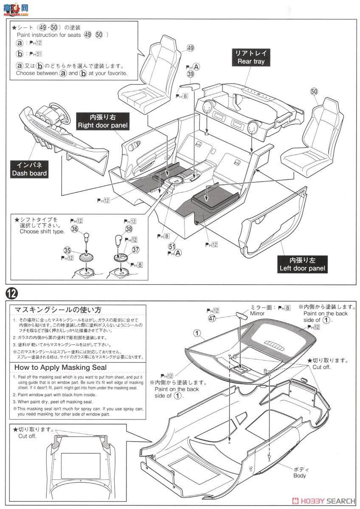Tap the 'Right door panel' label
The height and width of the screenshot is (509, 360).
tap(103, 121)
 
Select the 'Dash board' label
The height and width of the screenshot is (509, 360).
tap(30, 169)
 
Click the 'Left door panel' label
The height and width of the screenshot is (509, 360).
tap(302, 264)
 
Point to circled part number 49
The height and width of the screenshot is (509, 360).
tap(190, 48)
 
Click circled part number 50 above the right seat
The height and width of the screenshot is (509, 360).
tap(314, 91)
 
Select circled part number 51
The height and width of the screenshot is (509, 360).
tap(172, 246)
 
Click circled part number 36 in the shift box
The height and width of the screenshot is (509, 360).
tap(75, 229)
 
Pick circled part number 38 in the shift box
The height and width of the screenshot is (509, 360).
tap(129, 229)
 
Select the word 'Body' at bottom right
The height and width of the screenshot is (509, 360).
tap(299, 475)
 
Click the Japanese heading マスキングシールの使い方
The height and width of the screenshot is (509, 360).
tap(58, 309)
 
